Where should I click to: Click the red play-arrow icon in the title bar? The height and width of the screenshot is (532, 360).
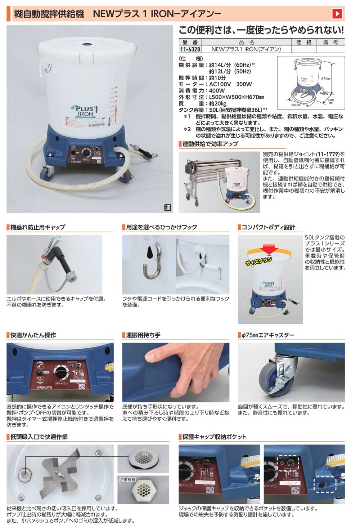[x=337, y=14]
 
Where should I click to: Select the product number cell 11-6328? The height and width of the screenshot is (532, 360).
[x=190, y=49]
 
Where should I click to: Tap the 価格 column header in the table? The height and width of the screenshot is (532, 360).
[x=303, y=42]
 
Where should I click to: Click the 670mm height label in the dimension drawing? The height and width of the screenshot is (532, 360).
[x=325, y=79]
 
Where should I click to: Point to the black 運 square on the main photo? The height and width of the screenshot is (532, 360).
[x=167, y=207]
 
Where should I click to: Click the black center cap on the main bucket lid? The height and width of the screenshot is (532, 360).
[x=87, y=44]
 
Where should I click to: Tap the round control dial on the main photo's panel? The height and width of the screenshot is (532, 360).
[x=87, y=152]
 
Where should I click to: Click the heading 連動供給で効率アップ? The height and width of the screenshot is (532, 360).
[x=210, y=144]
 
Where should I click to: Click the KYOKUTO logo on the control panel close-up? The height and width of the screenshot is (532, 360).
[x=45, y=388]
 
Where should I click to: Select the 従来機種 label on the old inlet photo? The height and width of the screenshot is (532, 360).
[x=128, y=480]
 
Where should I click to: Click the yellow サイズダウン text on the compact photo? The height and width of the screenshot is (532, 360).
[x=259, y=261]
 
